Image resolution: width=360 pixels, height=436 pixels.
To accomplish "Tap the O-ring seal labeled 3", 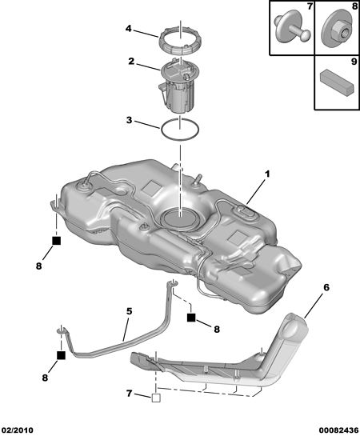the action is click(162, 130).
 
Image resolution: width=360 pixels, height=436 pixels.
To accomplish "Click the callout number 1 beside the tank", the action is click(267, 174).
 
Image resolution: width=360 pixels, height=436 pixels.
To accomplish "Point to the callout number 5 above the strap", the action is click(129, 311).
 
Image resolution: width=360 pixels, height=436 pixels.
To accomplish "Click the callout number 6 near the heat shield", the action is click(326, 287).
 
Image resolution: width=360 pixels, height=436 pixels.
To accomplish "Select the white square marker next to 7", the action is click(156, 398).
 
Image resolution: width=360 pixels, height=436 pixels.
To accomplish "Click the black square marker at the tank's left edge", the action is click(57, 241).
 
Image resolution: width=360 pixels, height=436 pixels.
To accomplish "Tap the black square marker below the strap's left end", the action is click(61, 355).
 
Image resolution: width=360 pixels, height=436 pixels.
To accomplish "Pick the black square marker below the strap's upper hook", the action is click(191, 318).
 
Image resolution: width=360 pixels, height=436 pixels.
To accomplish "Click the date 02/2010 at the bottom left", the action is click(17, 430).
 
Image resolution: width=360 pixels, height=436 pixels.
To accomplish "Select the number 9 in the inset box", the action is click(354, 62).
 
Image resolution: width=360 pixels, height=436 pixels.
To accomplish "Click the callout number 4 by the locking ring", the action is click(128, 28).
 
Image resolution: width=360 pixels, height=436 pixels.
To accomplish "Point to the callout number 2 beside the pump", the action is click(131, 61).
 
